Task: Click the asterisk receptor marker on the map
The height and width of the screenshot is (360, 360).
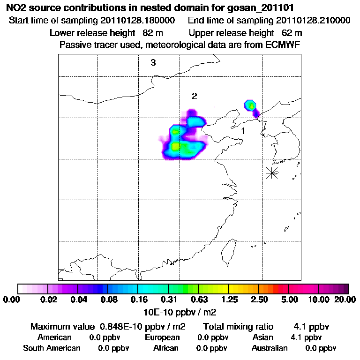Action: point(272,172)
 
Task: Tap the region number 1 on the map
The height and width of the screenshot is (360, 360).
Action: point(243,131)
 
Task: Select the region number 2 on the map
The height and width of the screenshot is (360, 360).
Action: point(194,96)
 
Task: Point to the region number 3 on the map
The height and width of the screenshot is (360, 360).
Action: point(153,63)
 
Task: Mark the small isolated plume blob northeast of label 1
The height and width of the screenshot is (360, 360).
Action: point(252,107)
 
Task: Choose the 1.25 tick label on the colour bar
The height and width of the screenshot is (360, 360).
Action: point(228,300)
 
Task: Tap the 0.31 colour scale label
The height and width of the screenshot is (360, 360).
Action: point(168,300)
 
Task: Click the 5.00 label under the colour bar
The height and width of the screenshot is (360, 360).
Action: point(289,300)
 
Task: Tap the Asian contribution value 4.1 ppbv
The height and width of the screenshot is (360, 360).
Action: point(306,337)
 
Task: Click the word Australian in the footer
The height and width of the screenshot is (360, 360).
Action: point(270,348)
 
